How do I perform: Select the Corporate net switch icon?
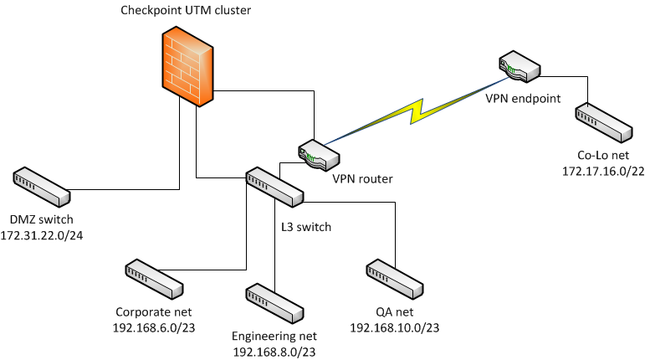coord(154,280)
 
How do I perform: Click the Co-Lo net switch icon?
coord(603,122)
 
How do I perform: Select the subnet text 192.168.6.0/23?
coord(154,327)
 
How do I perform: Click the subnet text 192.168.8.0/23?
coord(274,352)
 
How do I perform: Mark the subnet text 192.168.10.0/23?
coord(394,327)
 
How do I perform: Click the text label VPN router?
coord(362,178)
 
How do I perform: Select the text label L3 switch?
coord(306,227)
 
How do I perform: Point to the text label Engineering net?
coord(274,337)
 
